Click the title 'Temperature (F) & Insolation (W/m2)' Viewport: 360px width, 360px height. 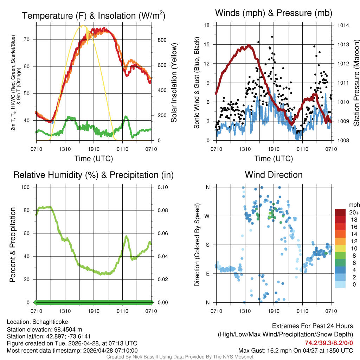coord(94,15)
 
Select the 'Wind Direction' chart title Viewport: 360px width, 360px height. coord(274,175)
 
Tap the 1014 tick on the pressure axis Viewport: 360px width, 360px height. coord(343,25)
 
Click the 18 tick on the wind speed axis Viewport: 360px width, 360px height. coord(207,25)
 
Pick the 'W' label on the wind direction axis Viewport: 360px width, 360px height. coord(207,216)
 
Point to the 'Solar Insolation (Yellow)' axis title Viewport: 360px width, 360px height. coord(174,83)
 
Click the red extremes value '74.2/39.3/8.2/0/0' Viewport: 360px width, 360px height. coord(329,343)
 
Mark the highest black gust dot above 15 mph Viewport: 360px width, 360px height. coord(272,37)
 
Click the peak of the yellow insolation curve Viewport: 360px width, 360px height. coord(82,26)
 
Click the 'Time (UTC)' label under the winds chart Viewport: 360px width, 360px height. coord(274,159)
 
